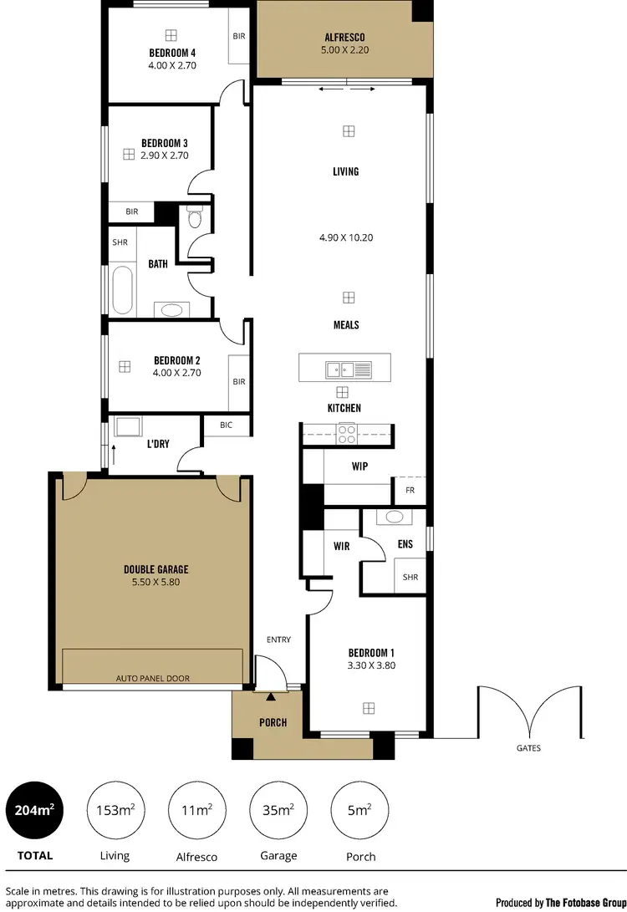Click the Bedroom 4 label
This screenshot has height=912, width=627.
[x=171, y=53]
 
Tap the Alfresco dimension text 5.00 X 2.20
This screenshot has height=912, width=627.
[x=345, y=50]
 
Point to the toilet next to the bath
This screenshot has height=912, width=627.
[x=196, y=220]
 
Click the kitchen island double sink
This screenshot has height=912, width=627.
[x=344, y=368]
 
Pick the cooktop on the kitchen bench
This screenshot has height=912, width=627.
[x=346, y=433]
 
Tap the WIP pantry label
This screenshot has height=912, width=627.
[x=359, y=466]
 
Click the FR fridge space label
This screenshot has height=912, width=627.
[x=410, y=491]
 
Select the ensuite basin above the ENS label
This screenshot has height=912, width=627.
[x=390, y=517]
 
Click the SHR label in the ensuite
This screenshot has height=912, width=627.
[x=410, y=577]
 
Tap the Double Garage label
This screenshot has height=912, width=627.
[x=156, y=570]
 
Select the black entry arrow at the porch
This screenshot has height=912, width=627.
[x=270, y=695]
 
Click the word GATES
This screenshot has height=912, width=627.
[x=528, y=748]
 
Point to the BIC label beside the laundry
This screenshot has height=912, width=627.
[x=226, y=425]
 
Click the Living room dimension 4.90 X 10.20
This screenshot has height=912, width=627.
[x=345, y=237]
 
